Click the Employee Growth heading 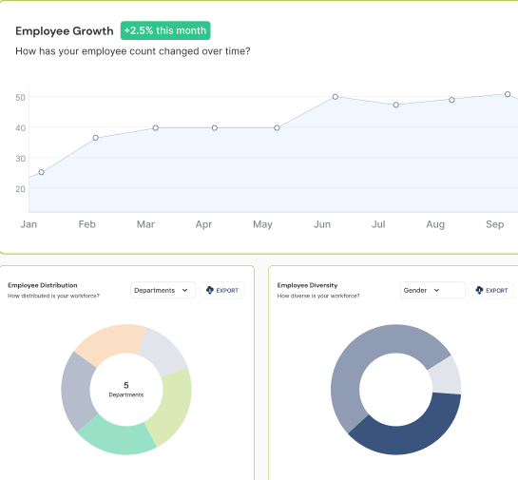65,30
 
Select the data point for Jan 41,172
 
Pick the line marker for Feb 96,138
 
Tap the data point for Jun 336,97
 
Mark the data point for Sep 508,94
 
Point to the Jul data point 395,105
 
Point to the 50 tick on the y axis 20,97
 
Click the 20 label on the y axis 20,188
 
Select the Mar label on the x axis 145,224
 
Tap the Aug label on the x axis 435,224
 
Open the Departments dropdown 163,290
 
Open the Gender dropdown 432,290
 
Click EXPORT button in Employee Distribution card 223,290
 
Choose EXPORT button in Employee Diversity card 491,290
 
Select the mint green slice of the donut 116,435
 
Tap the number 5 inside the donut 126,384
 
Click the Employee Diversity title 307,284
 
